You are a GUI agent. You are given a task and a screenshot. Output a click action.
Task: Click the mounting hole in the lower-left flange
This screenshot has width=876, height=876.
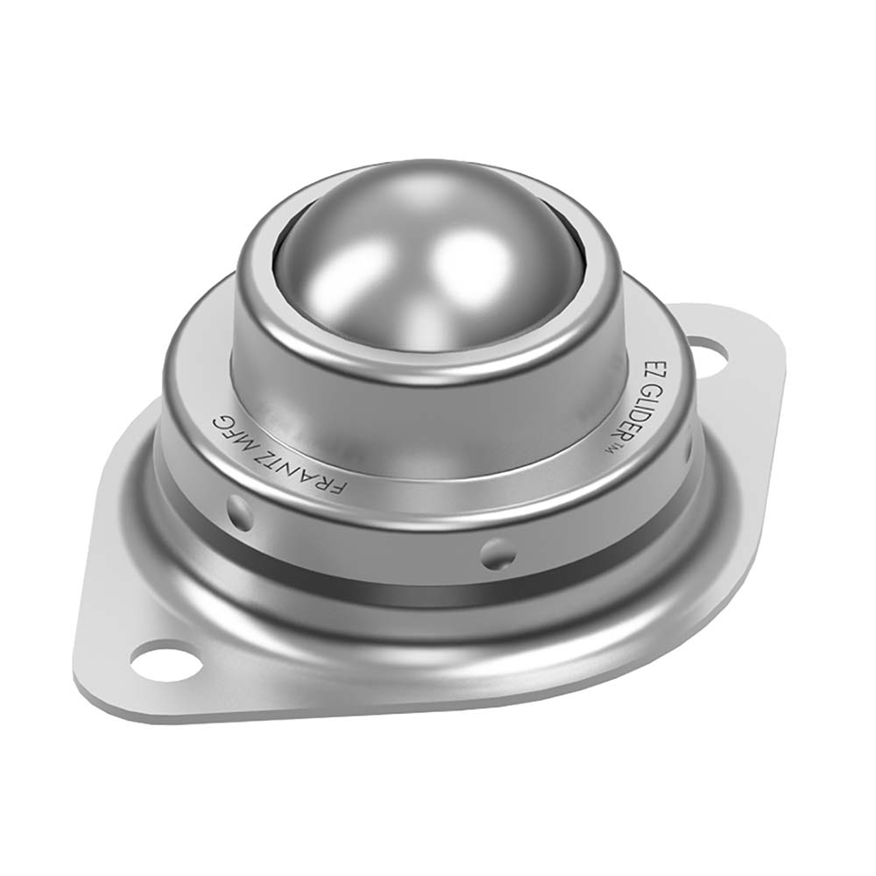point(161,659)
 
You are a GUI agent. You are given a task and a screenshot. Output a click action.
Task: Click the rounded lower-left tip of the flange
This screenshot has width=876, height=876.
point(96,692)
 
